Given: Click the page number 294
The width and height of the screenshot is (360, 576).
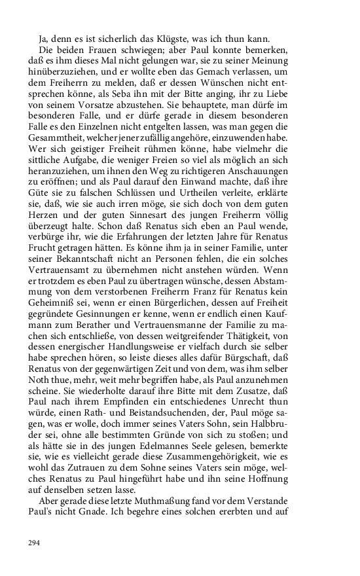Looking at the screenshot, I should click(34, 543).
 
